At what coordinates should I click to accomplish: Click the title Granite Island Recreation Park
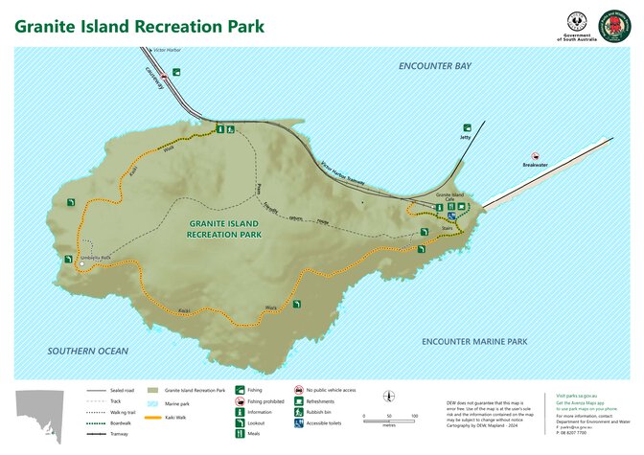tap(139, 25)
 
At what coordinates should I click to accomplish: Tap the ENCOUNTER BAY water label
tap(435, 67)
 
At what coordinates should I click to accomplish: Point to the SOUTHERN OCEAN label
tap(88, 352)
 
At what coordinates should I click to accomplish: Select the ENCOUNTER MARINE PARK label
tap(474, 341)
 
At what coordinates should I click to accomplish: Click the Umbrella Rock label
tap(96, 257)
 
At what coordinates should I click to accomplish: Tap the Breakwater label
tap(535, 165)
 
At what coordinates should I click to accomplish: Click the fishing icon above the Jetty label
tap(468, 127)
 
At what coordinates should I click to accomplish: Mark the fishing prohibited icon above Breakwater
tap(537, 154)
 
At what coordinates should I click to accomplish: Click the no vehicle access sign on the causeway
tap(165, 75)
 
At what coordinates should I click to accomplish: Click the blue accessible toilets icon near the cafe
tap(451, 216)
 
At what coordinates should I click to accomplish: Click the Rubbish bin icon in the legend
tap(298, 413)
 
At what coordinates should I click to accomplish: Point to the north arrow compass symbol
tap(388, 398)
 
